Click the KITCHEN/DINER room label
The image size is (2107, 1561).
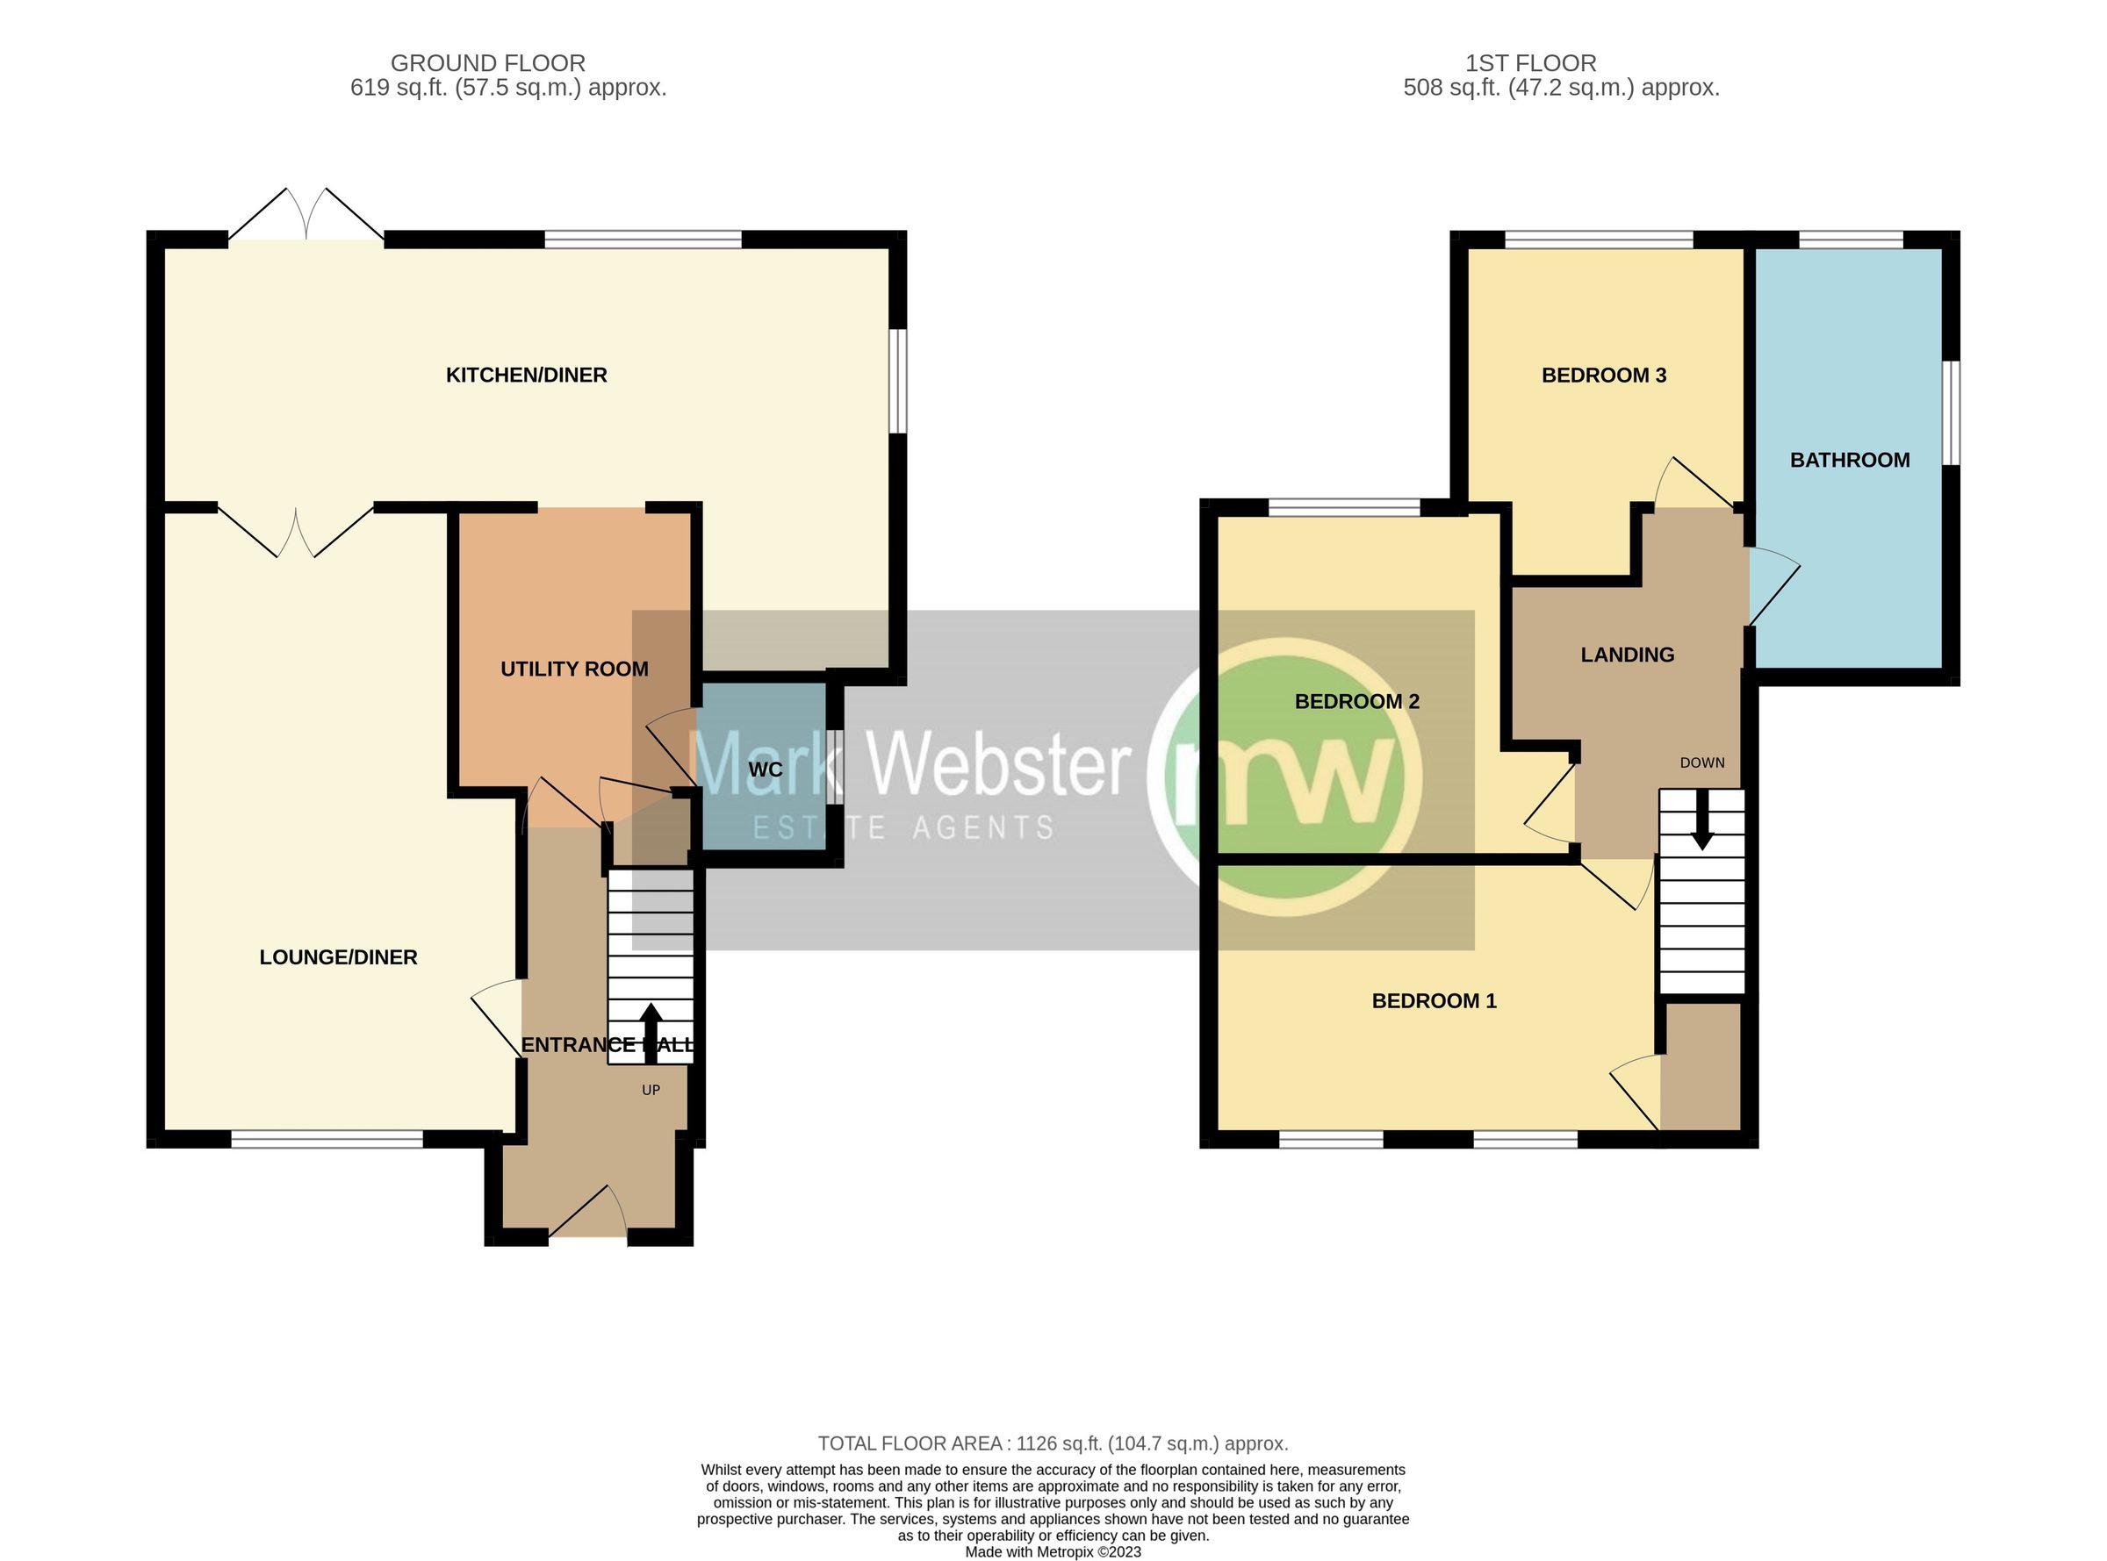coord(526,376)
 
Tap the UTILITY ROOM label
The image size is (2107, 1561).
coord(574,669)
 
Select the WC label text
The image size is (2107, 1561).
coord(765,770)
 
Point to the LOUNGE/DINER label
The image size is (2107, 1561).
coord(338,957)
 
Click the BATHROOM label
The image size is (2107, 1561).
coord(1849,460)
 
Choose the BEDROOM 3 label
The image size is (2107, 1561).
coord(1603,376)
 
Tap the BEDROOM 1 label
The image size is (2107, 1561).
coord(1433,1000)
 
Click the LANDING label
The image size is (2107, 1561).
coord(1627,655)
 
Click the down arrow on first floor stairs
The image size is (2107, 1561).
coord(1701,821)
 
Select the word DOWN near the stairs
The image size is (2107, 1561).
coord(1701,763)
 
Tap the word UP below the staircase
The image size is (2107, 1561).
coord(651,1090)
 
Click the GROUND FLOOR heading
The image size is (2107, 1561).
coord(488,63)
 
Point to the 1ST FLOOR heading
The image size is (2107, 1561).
coord(1530,63)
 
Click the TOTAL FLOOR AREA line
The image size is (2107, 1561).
coord(1052,1443)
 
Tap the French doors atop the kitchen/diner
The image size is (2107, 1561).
coord(306,216)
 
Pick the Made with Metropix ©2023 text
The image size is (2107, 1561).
coord(1052,1551)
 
